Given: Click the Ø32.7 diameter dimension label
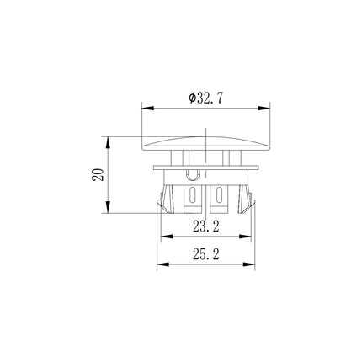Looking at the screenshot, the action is click(206, 98).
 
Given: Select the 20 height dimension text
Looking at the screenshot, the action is click(98, 174).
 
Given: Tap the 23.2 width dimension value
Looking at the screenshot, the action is click(206, 226).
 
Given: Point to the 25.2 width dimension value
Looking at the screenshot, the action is click(206, 254).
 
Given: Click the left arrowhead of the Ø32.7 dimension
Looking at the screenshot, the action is click(148, 108).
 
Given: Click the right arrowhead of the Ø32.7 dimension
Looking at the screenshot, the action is click(264, 108).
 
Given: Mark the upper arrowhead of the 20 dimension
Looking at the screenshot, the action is click(108, 142).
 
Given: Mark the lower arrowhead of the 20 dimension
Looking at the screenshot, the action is click(108, 207).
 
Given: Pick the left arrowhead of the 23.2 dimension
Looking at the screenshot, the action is click(167, 237).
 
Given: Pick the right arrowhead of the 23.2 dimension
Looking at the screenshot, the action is click(245, 237).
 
